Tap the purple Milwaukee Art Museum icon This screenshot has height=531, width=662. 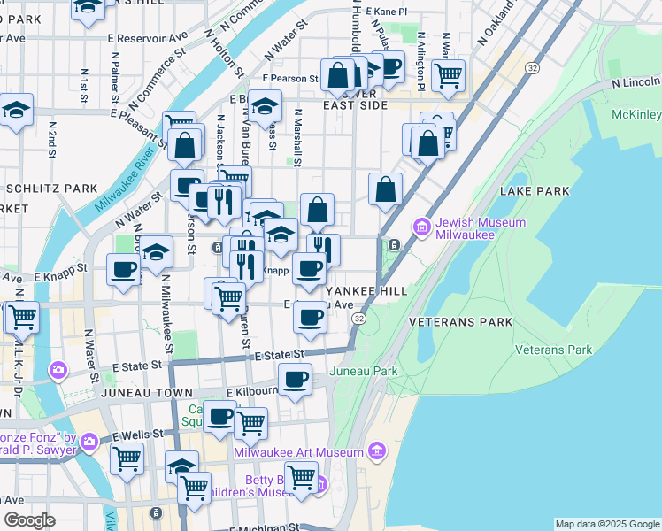[375, 452]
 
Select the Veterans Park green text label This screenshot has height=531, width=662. [554, 350]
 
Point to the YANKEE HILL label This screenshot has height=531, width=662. [365, 290]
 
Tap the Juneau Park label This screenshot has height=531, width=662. [363, 372]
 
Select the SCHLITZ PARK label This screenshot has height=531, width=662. [51, 189]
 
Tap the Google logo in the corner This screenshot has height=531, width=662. [29, 520]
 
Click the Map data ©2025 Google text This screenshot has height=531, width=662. [606, 524]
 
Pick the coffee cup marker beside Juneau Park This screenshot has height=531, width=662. [295, 380]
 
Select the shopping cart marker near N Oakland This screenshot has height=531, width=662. [449, 74]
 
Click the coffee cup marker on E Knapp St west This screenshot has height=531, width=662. [123, 269]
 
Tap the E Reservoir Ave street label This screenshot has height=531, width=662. [148, 39]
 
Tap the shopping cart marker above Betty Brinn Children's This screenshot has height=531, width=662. [300, 476]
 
